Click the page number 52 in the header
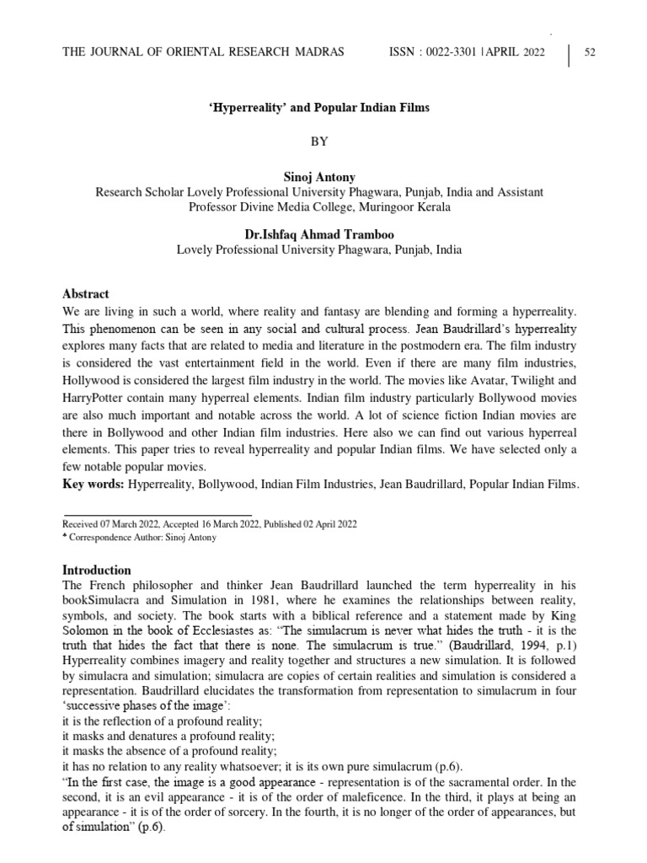point(590,53)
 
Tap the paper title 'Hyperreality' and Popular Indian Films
point(318,109)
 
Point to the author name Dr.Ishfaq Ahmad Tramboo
point(318,235)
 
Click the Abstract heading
point(86,294)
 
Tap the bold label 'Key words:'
point(94,484)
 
